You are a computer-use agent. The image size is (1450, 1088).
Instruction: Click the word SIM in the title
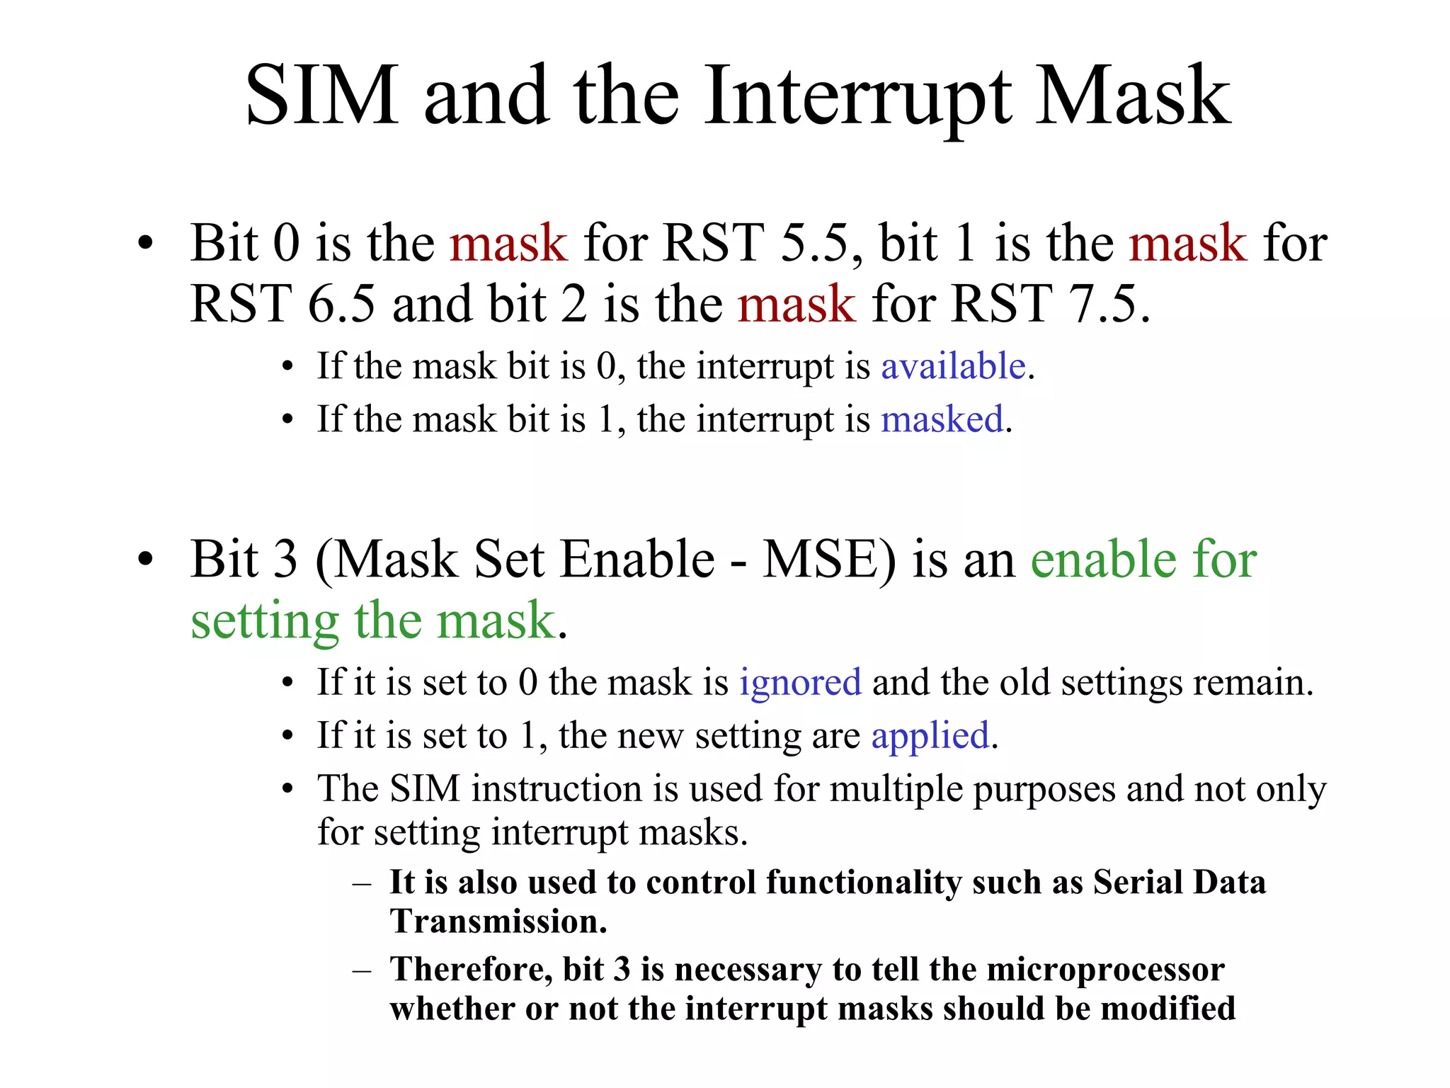(x=322, y=96)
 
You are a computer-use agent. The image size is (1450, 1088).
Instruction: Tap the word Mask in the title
(x=1133, y=96)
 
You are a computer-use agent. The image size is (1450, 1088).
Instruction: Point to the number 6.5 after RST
(x=341, y=305)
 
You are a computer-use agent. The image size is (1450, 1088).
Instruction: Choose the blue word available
(x=953, y=366)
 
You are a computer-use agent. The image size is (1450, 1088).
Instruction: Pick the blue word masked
(x=942, y=419)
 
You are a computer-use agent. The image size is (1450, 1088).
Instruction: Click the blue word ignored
(x=800, y=683)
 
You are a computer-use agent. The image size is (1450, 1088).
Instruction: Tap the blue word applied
(x=930, y=736)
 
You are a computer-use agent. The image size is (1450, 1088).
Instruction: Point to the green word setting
(x=265, y=622)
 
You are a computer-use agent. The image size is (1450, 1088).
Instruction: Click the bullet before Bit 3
(x=145, y=560)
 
